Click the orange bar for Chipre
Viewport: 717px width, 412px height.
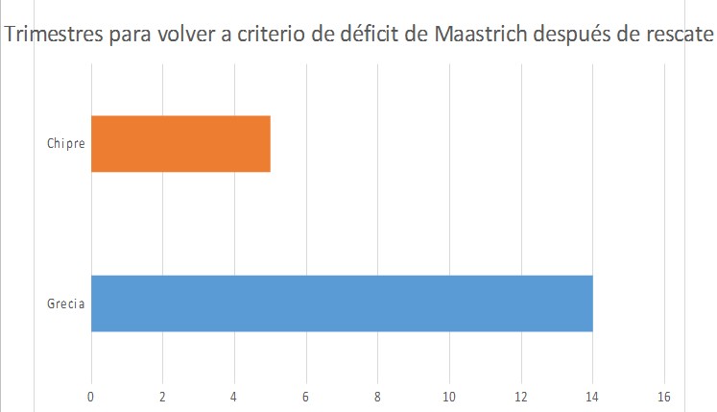click(x=180, y=143)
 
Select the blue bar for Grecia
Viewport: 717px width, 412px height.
click(x=342, y=303)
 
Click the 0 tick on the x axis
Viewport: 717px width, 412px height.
click(x=91, y=395)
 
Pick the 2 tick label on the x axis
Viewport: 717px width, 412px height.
click(x=162, y=395)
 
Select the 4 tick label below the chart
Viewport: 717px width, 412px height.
click(x=234, y=395)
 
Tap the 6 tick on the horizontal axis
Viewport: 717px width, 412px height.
click(x=306, y=395)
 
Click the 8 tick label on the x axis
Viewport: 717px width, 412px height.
click(x=377, y=395)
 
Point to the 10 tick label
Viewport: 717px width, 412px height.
click(x=449, y=395)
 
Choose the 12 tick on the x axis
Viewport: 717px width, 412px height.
click(x=521, y=395)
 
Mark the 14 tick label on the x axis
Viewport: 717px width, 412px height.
click(x=592, y=395)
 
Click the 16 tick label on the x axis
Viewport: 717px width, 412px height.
click(x=664, y=395)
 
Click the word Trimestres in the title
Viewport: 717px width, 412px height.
click(x=53, y=36)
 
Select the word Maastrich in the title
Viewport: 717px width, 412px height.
click(x=479, y=36)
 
